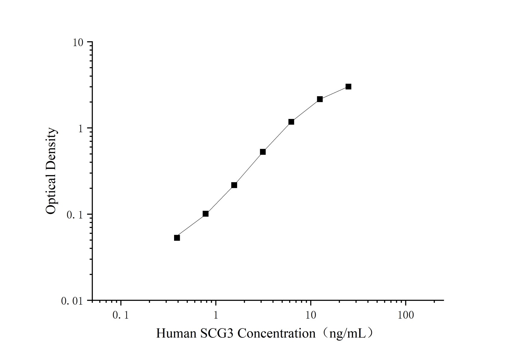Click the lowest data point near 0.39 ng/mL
coord(177,238)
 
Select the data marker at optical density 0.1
coord(205,214)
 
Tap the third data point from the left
coord(234,185)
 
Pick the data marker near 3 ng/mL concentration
coord(263,152)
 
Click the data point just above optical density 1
coord(291,122)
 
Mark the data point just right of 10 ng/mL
coord(320,99)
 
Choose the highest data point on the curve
coord(348,86)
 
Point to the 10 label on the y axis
coord(78,42)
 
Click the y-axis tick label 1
coord(80,129)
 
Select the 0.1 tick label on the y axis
coord(74,215)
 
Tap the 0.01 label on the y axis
coord(72,301)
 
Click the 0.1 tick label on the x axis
coord(120,315)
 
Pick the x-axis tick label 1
coord(216,315)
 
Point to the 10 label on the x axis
coord(311,315)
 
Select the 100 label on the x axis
coord(405,315)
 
